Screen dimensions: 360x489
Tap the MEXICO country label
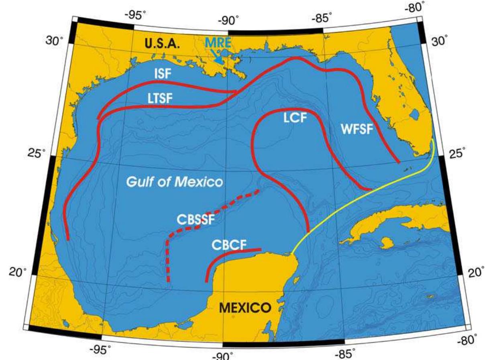tap(244, 308)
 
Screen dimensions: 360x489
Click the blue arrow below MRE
tap(218, 58)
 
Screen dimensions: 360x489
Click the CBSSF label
tap(196, 220)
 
